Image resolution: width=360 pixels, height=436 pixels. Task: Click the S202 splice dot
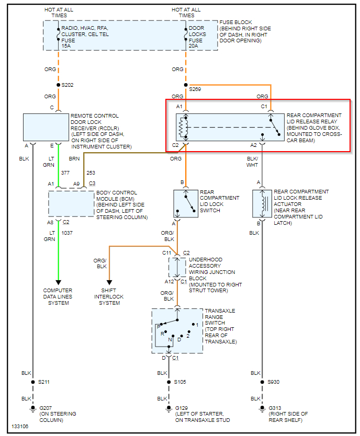[58, 85]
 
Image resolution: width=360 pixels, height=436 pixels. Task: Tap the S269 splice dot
[186, 85]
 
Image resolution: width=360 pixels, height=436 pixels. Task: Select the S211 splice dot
[32, 382]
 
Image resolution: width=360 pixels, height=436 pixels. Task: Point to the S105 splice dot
[168, 382]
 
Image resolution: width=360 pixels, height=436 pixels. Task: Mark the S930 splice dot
[262, 382]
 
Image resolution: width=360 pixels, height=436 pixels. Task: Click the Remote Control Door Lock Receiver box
[46, 127]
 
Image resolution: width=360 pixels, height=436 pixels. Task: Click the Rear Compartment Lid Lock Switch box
[186, 203]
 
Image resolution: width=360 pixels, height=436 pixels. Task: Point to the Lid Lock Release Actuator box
[262, 203]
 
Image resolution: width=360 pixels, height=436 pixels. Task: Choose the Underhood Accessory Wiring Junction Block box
[177, 267]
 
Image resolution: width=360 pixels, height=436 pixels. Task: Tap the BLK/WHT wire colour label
[252, 162]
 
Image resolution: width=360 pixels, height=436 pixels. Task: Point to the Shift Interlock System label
[110, 297]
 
